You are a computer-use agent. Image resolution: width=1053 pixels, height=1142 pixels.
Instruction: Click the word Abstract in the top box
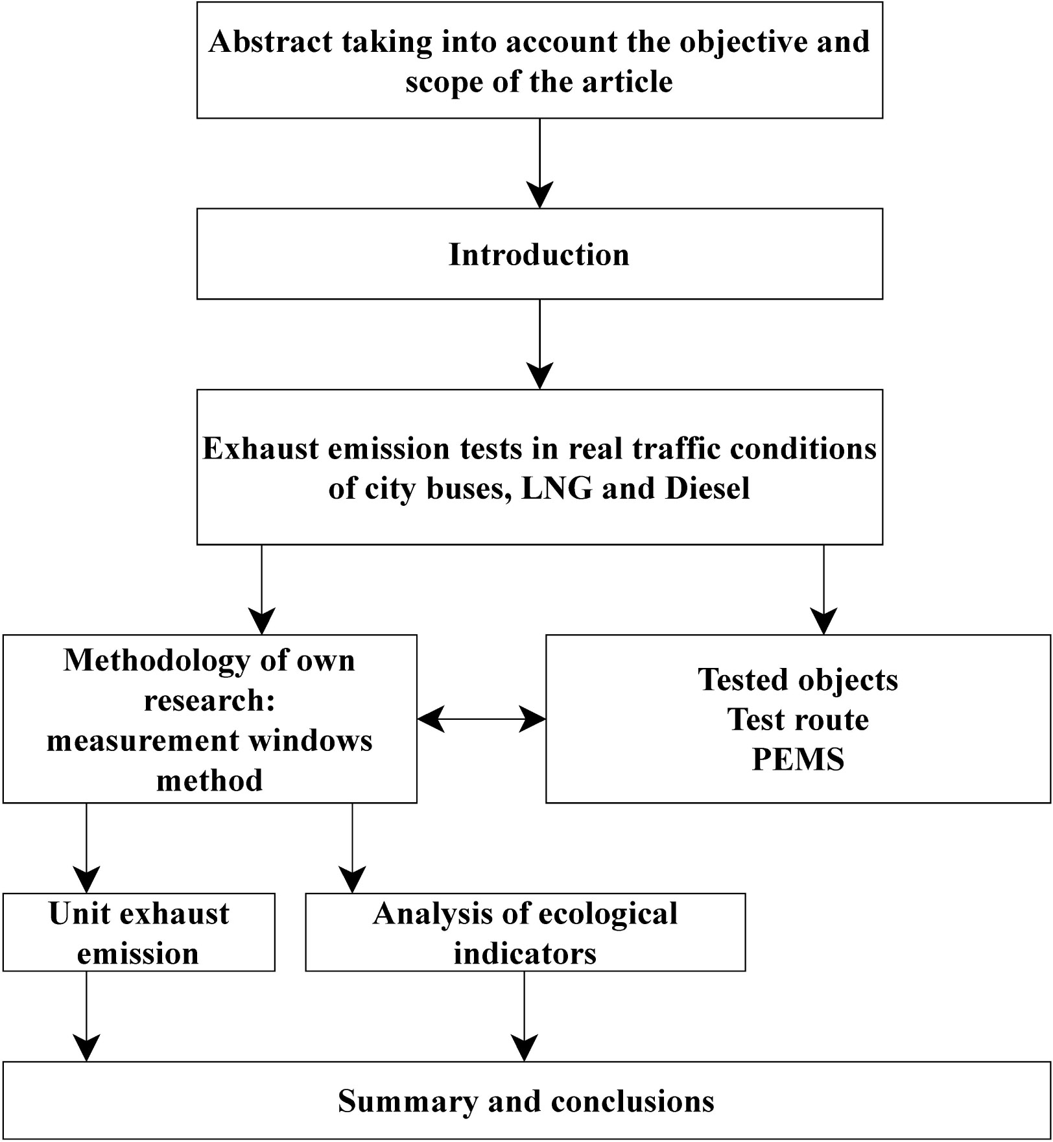(x=270, y=42)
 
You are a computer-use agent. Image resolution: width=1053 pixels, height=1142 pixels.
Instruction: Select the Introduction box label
(x=539, y=254)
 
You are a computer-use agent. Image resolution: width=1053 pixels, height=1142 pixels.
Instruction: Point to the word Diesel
(x=707, y=488)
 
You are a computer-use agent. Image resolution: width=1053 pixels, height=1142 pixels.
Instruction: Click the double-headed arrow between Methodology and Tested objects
(x=481, y=719)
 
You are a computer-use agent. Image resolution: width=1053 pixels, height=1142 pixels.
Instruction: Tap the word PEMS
(x=798, y=759)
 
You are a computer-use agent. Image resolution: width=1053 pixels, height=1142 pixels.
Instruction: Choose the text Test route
(x=798, y=719)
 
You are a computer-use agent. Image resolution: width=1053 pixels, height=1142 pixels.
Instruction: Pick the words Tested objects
(x=798, y=680)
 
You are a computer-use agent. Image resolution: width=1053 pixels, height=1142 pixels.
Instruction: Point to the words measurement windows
(x=209, y=741)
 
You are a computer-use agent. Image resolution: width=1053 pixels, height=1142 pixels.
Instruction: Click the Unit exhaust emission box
(x=139, y=933)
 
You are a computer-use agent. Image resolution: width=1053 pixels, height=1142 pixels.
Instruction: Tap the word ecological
(x=608, y=914)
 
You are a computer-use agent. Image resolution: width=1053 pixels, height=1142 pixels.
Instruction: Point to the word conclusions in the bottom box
(x=632, y=1101)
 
